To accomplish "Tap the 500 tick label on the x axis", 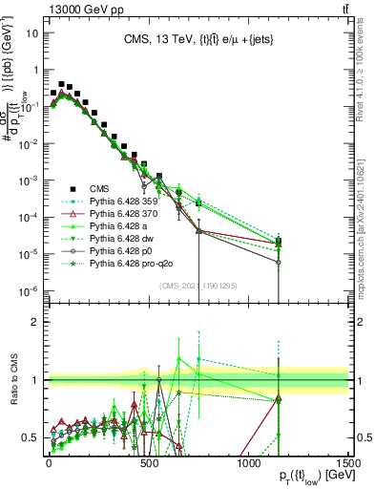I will pyautogui.click(x=148, y=461).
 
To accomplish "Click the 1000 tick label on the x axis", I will pyautogui.click(x=248, y=461).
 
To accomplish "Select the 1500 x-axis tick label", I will pyautogui.click(x=348, y=461).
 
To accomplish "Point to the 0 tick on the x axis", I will pyautogui.click(x=48, y=461).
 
